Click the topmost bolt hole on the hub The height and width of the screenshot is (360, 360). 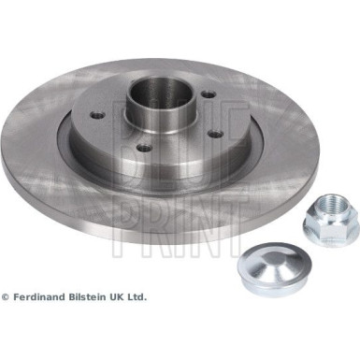(209, 94)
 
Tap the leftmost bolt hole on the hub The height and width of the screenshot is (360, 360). (97, 116)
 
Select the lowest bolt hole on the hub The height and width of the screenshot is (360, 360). (144, 147)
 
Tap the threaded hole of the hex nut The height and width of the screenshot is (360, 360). (334, 203)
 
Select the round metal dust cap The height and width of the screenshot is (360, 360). (274, 268)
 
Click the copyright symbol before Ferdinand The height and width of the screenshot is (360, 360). (6, 297)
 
